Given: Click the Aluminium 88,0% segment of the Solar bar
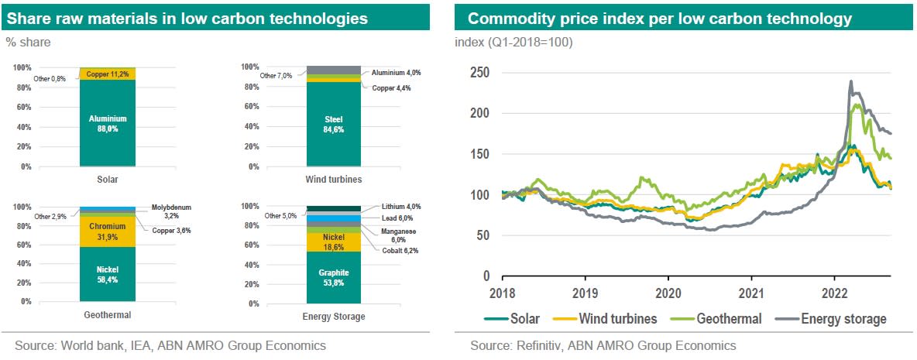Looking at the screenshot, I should click(108, 124).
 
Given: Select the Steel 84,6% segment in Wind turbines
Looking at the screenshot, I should click(335, 124).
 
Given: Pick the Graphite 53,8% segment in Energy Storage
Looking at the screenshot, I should click(335, 277).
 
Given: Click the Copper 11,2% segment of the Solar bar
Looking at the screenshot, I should click(108, 74).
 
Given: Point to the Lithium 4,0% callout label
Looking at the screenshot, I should click(400, 207).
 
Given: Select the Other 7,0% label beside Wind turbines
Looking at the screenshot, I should click(276, 75).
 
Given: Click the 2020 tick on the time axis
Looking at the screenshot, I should click(668, 293).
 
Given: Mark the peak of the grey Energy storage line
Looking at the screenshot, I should click(851, 81).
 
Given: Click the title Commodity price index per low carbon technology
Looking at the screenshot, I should click(659, 19).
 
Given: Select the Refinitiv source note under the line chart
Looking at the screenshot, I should click(603, 345).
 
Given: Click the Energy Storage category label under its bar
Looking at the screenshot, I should click(334, 316).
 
